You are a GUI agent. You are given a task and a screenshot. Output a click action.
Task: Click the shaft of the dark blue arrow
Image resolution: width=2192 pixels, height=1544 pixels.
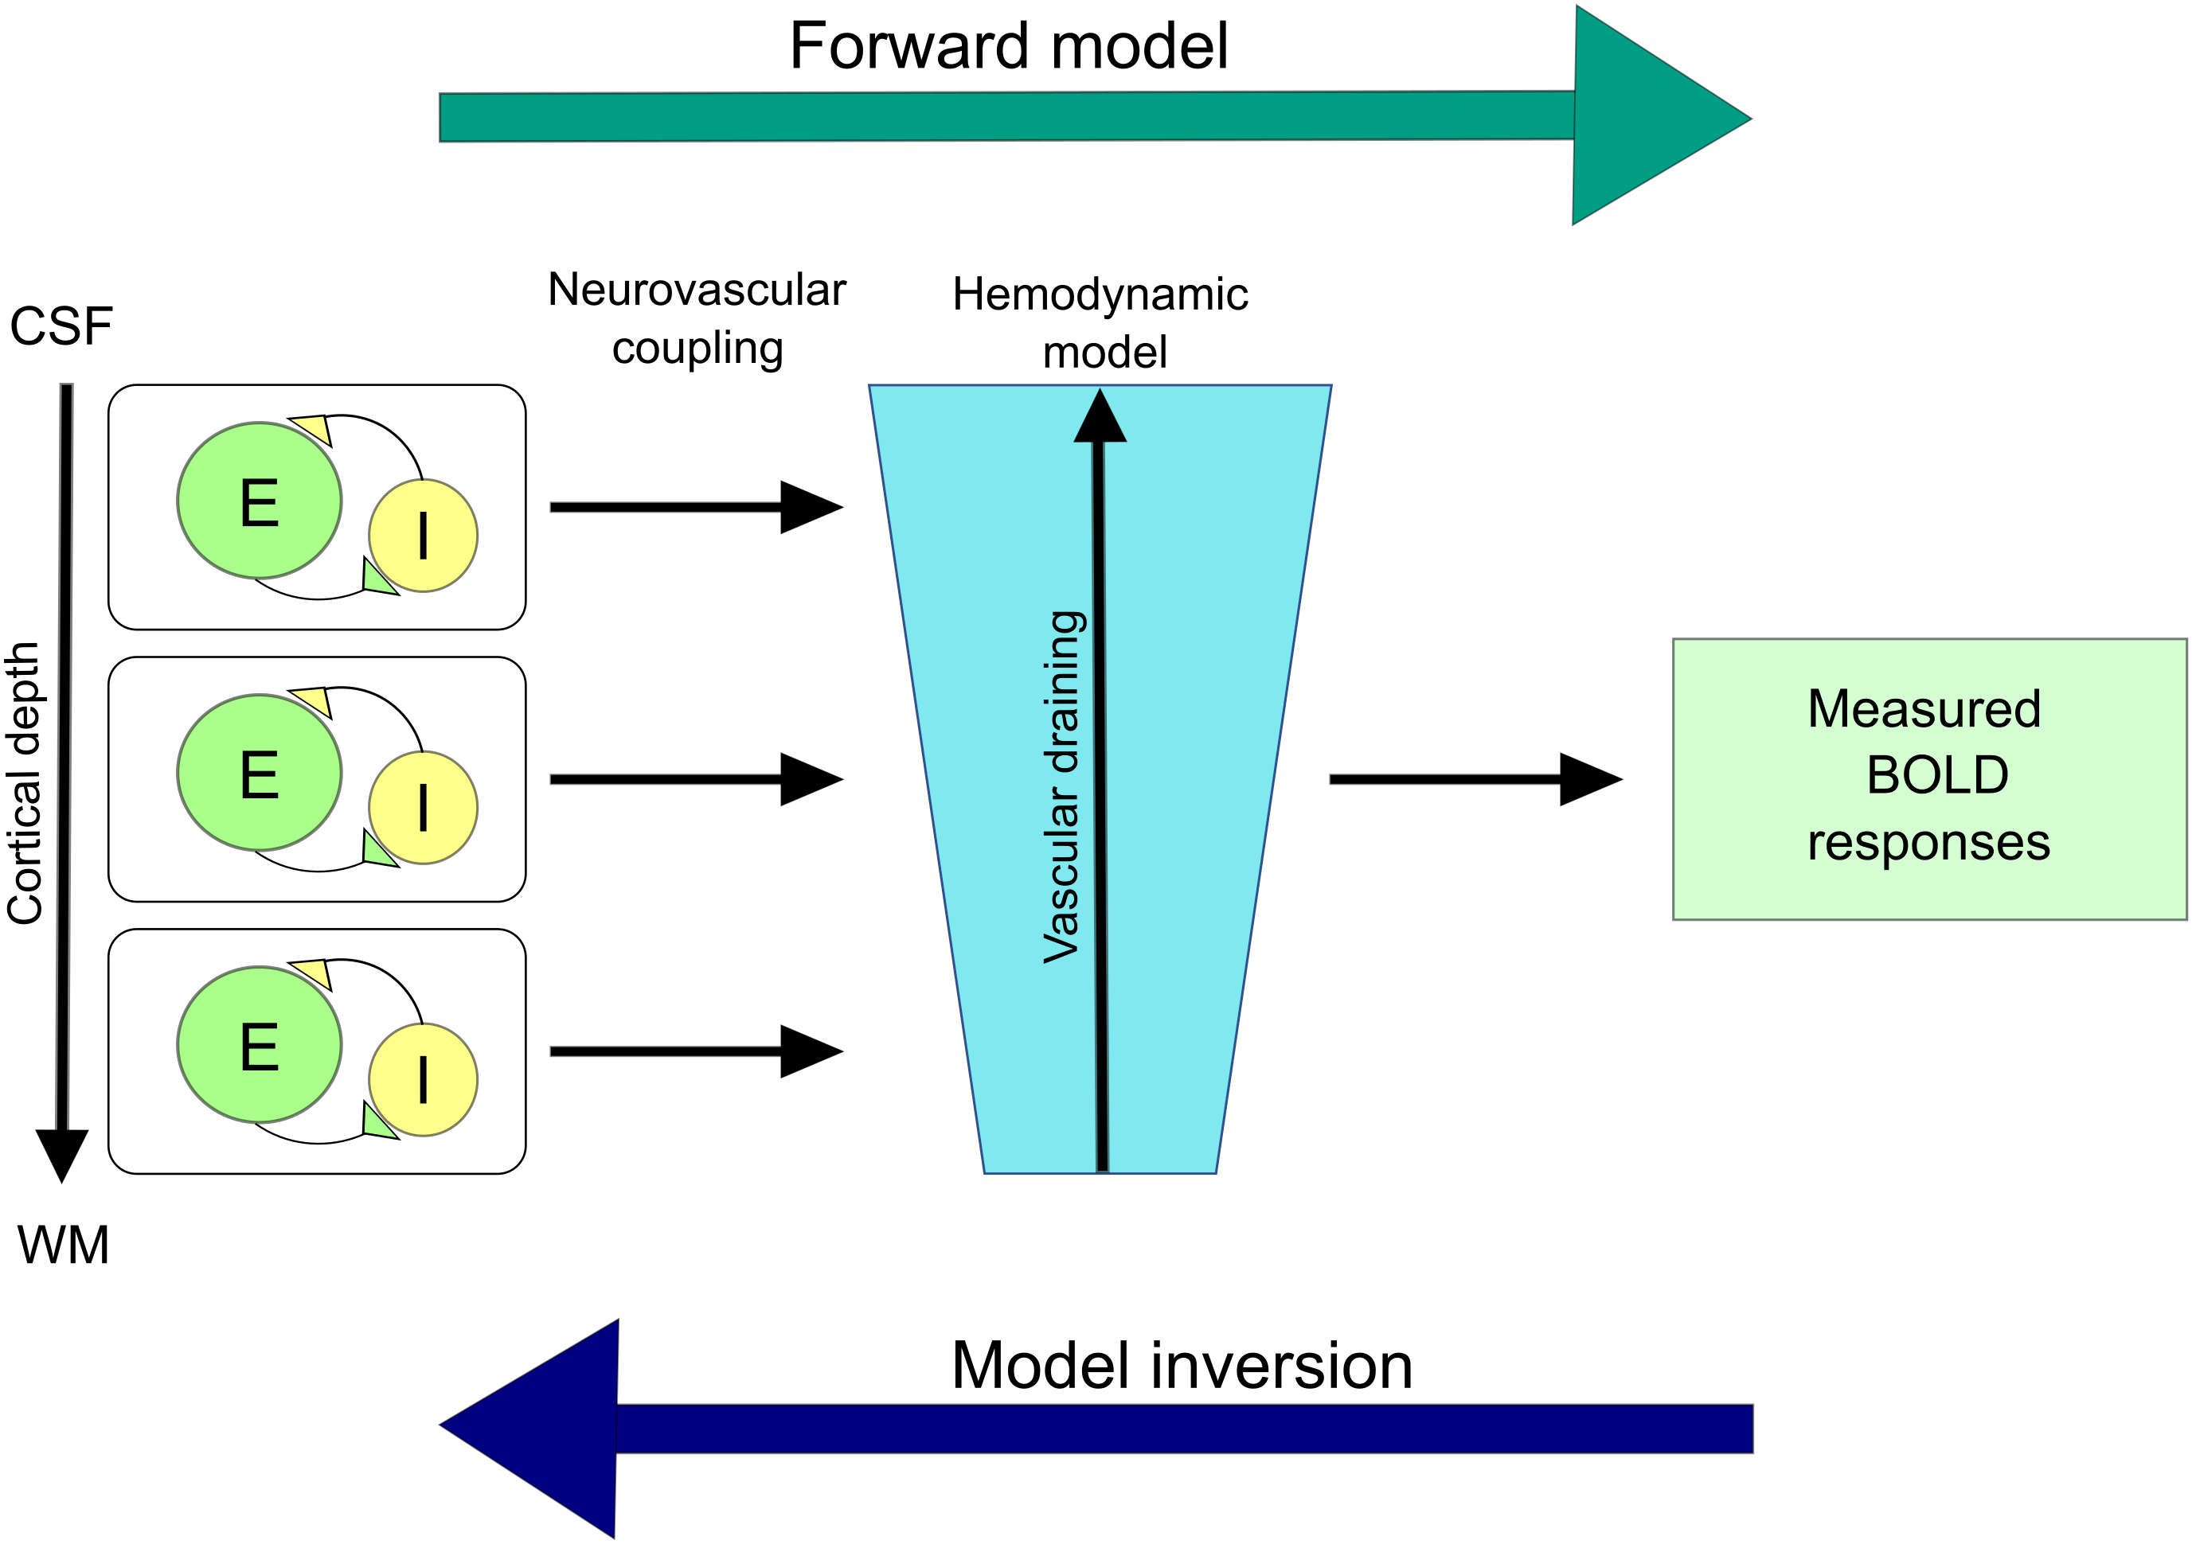click(1184, 1429)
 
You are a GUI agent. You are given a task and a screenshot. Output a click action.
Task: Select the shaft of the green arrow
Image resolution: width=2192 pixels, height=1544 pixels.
click(1002, 116)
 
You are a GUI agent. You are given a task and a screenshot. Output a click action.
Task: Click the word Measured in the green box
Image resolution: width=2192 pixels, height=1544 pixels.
click(1924, 709)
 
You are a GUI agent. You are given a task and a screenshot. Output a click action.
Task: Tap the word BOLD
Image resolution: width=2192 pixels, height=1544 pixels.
click(1937, 775)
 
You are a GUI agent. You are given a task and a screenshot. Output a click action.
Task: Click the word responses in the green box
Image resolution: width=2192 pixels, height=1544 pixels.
click(1928, 843)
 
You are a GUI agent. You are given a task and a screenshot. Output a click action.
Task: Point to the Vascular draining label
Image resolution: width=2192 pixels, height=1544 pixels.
click(1063, 787)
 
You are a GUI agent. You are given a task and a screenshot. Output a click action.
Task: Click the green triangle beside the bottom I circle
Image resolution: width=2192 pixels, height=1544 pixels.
click(375, 1123)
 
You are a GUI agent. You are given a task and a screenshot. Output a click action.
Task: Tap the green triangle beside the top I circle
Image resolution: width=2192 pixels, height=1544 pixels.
click(375, 579)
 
